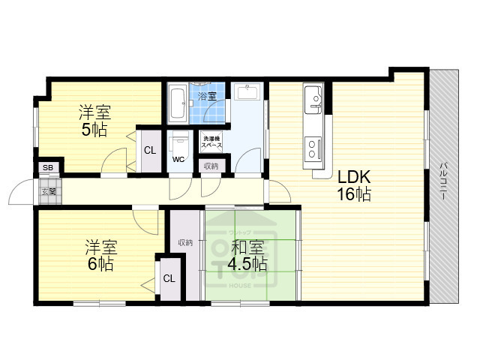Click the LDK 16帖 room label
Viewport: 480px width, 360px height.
(353, 185)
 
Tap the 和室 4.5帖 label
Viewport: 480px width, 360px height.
(247, 255)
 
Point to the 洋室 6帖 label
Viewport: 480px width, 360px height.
(99, 255)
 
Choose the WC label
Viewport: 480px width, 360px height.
(178, 160)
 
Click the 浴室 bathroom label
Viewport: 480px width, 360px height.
(207, 96)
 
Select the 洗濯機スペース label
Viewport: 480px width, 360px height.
(210, 139)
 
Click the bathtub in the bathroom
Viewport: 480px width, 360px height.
(178, 103)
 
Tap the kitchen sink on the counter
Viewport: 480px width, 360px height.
(313, 97)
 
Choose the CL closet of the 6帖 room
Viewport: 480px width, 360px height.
(169, 278)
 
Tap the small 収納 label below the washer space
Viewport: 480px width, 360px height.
(211, 166)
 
